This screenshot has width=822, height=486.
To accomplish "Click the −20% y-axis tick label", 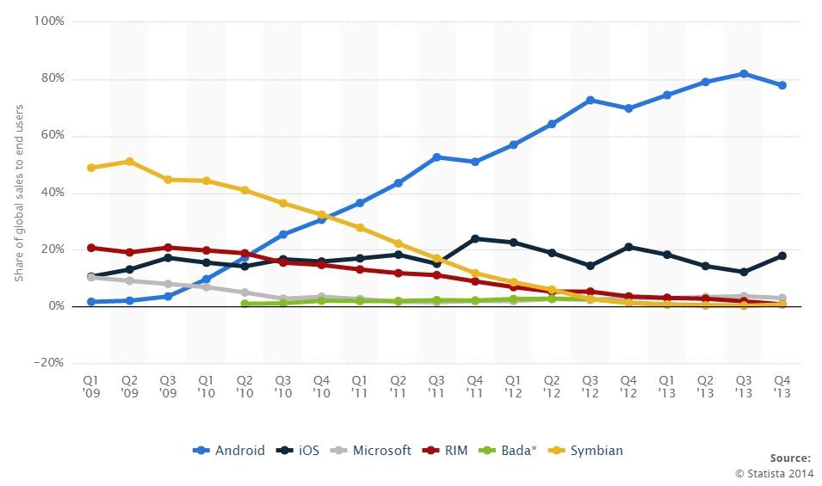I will pyautogui.click(x=48, y=363).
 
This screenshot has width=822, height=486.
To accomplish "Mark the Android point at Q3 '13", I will pyautogui.click(x=743, y=74).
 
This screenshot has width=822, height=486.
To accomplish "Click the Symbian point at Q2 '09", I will pyautogui.click(x=129, y=161).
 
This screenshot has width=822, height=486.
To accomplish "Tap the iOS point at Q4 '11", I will pyautogui.click(x=474, y=238).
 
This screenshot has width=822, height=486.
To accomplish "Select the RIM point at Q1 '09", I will pyautogui.click(x=90, y=248).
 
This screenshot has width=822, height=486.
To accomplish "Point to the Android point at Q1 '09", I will pyautogui.click(x=90, y=302).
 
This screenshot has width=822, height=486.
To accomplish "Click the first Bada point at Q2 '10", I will pyautogui.click(x=244, y=304).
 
